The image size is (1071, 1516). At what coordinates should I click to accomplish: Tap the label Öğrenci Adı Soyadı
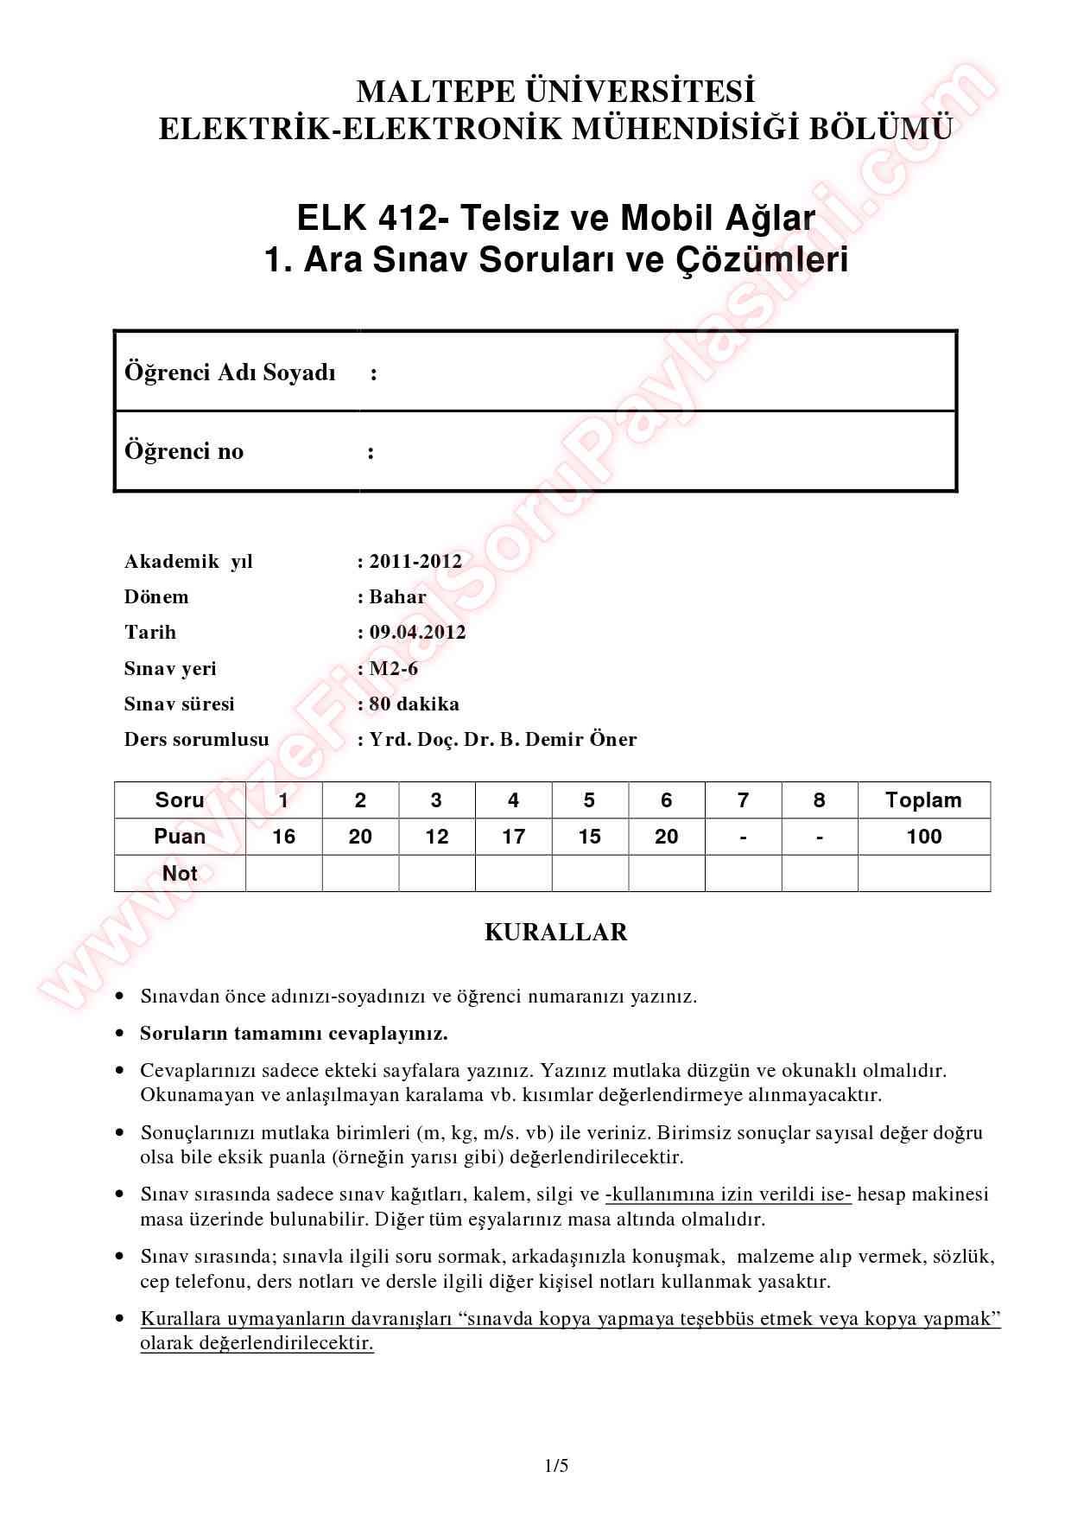click(x=230, y=373)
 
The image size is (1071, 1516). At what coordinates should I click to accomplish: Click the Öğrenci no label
click(x=184, y=451)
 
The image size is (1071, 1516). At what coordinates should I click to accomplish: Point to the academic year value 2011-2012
click(x=415, y=561)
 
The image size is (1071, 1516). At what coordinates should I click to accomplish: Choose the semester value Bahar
click(x=397, y=596)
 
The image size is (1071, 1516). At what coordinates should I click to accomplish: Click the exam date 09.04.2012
click(x=417, y=632)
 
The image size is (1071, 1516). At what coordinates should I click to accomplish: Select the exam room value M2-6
click(x=394, y=668)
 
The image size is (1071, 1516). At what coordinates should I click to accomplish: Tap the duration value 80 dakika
click(x=414, y=704)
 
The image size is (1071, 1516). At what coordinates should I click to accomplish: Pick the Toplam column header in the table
click(x=923, y=800)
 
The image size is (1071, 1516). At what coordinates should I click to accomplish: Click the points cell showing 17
click(x=513, y=837)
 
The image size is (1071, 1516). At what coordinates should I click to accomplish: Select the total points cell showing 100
click(x=923, y=837)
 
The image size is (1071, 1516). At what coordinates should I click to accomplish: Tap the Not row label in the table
click(x=180, y=874)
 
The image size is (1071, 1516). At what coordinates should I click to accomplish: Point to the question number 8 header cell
click(x=819, y=800)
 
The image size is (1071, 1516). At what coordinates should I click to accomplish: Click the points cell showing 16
click(x=283, y=837)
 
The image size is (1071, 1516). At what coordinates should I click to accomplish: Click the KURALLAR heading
click(x=555, y=932)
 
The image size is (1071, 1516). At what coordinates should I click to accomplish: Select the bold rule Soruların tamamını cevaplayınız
click(x=294, y=1033)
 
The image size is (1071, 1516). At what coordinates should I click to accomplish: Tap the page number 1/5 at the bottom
click(x=556, y=1466)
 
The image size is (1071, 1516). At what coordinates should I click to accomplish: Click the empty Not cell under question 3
click(x=437, y=874)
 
